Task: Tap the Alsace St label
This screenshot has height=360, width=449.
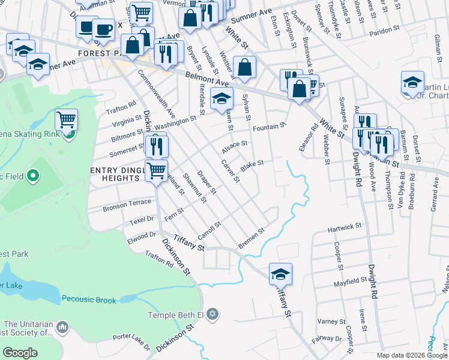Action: pyautogui.click(x=235, y=145)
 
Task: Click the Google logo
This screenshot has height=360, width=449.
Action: pyautogui.click(x=20, y=353)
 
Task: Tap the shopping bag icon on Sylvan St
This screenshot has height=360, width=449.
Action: pyautogui.click(x=245, y=68)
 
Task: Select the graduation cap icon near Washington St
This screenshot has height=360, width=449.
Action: pyautogui.click(x=221, y=99)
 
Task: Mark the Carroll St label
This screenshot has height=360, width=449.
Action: pyautogui.click(x=210, y=230)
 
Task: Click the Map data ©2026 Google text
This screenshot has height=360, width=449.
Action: pyautogui.click(x=411, y=355)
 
